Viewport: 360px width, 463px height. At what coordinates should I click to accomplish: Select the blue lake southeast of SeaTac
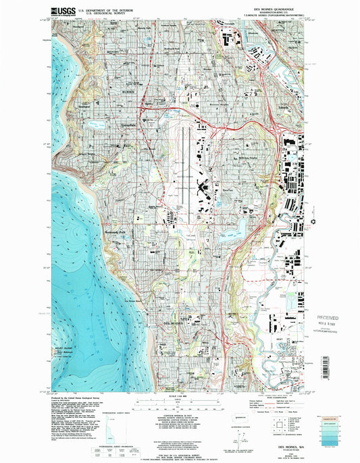(232, 231)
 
